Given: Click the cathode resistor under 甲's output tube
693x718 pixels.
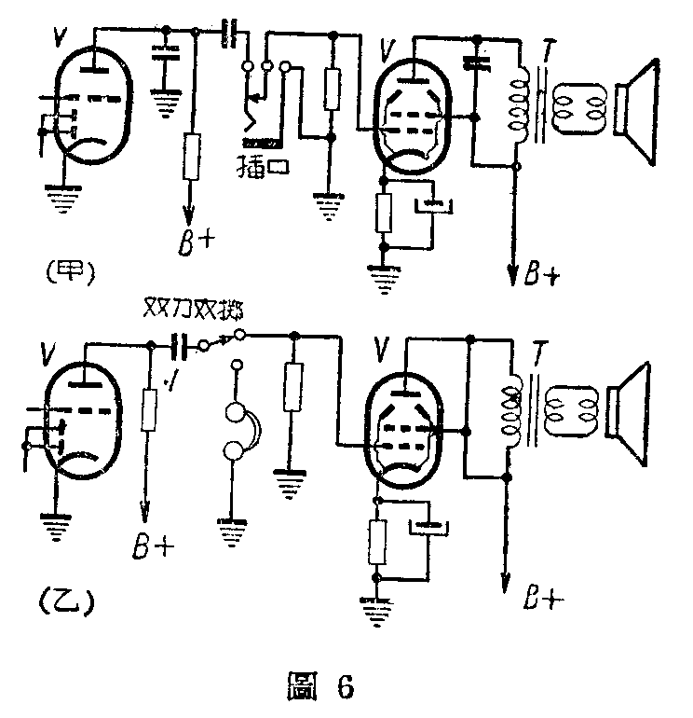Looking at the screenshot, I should point(383,214).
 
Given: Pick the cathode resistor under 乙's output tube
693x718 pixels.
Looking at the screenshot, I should point(377,543).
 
